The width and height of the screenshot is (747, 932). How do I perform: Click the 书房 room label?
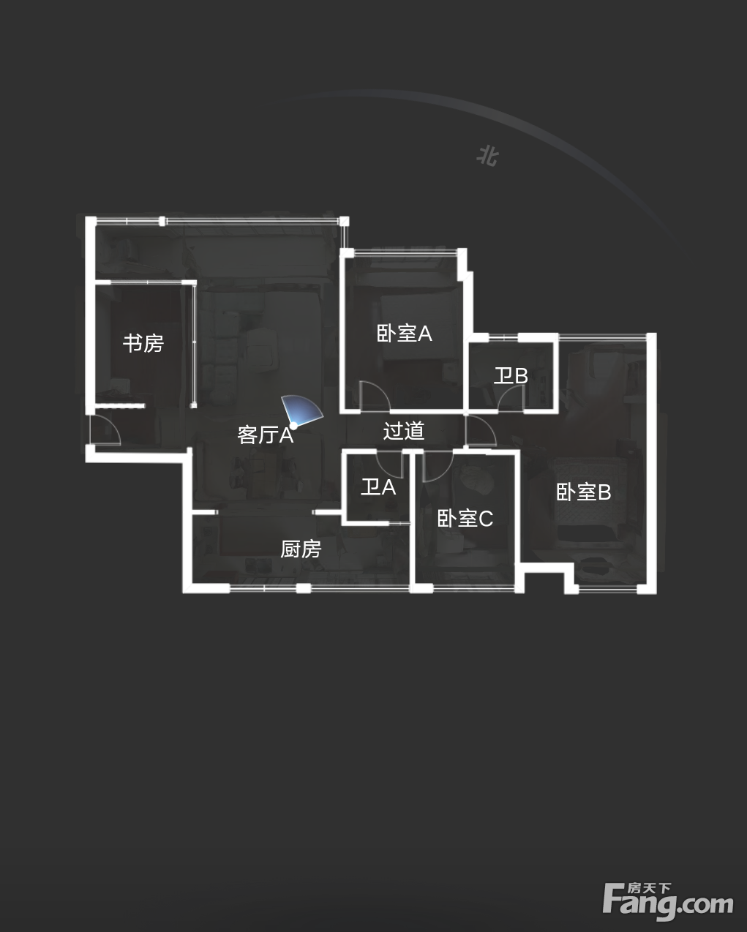pos(143,343)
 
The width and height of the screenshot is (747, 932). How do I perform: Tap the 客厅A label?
pos(266,435)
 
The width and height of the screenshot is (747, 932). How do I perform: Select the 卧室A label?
pos(405,334)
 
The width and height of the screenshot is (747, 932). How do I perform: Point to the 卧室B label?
pos(584,492)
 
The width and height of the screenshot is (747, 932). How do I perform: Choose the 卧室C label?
pos(465,519)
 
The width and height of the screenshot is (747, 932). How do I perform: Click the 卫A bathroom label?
pos(378,487)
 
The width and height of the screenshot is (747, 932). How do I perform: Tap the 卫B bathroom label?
pos(511,375)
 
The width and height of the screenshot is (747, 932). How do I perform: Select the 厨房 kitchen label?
pos(301,549)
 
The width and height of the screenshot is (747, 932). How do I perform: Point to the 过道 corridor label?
pos(403,431)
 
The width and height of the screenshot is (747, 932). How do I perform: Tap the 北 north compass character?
pos(487,156)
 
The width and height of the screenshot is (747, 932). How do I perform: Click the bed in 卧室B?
pos(591,498)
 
